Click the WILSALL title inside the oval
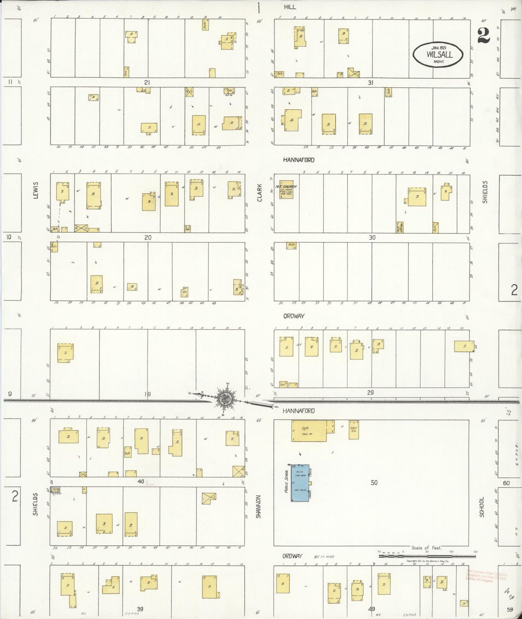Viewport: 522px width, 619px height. pos(439,55)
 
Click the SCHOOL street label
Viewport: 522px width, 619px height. pos(482,506)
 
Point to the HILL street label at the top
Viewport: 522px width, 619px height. pos(290,7)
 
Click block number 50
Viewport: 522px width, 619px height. pos(374,482)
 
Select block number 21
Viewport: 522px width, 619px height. pos(147,82)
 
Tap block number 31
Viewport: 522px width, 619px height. pos(370,83)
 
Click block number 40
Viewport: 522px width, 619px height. pos(141,481)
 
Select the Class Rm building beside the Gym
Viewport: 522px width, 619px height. pos(353,430)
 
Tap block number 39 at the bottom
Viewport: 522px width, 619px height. pos(140,609)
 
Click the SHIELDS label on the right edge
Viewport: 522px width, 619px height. pos(485,192)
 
